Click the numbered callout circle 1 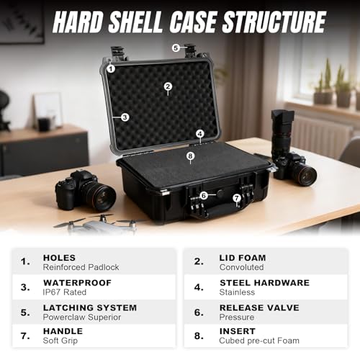pyautogui.click(x=111, y=69)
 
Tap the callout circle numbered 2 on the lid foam pyautogui.click(x=168, y=86)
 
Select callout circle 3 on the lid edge pyautogui.click(x=125, y=117)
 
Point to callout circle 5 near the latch pyautogui.click(x=176, y=48)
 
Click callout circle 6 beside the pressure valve pyautogui.click(x=204, y=196)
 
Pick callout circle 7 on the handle pyautogui.click(x=237, y=198)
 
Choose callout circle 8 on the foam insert pyautogui.click(x=190, y=156)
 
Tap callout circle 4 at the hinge pyautogui.click(x=200, y=134)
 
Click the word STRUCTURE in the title pyautogui.click(x=274, y=22)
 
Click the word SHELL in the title pyautogui.click(x=135, y=22)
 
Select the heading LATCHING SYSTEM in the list pyautogui.click(x=90, y=307)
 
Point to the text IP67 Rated pyautogui.click(x=65, y=292)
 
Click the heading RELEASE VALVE pyautogui.click(x=259, y=307)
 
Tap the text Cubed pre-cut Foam pyautogui.click(x=259, y=341)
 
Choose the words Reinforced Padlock pyautogui.click(x=81, y=267)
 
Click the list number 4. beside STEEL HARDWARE pyautogui.click(x=199, y=287)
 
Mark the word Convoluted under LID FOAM pyautogui.click(x=241, y=267)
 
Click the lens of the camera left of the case pyautogui.click(x=102, y=197)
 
